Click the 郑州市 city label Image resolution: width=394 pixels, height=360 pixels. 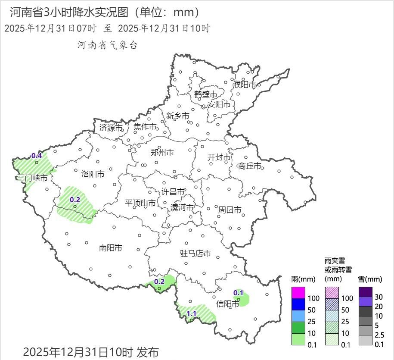[162, 153]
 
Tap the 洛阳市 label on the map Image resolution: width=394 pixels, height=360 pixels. [93, 174]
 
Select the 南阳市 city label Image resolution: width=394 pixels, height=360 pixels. [111, 248]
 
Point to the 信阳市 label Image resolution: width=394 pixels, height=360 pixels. [228, 304]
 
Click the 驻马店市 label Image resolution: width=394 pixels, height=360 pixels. [195, 254]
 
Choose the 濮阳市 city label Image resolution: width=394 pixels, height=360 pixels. [245, 85]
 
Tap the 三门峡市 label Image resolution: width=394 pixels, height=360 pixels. [31, 178]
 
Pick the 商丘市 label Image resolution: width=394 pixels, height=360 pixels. [250, 166]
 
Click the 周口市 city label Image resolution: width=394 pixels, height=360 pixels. [230, 210]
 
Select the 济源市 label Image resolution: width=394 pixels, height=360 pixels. [111, 128]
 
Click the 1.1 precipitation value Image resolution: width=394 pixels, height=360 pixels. [192, 313]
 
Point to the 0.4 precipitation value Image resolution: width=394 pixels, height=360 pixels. [37, 156]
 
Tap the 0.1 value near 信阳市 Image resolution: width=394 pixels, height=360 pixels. [238, 293]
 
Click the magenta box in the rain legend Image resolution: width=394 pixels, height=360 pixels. [298, 293]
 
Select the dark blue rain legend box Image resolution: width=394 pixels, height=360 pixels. [298, 304]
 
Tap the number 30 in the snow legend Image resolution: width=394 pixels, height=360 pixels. [379, 297]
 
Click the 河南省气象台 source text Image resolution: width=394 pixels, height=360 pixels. [107, 45]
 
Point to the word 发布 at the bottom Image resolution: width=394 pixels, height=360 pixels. [148, 352]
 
